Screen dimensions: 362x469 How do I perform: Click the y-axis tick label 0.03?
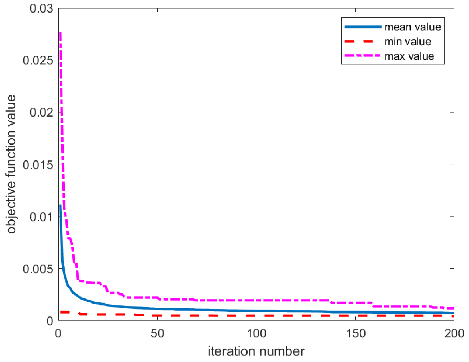(x=41, y=9)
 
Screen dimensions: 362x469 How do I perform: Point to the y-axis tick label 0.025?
(x=38, y=60)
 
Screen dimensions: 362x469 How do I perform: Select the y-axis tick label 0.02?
(x=41, y=112)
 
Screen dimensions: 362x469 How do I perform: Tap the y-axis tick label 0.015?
(x=38, y=164)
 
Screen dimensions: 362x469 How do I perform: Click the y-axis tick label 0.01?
(x=41, y=217)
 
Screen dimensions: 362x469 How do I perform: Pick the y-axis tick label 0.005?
(x=38, y=269)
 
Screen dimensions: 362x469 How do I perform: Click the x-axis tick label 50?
(x=157, y=333)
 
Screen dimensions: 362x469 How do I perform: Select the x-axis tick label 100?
(x=256, y=333)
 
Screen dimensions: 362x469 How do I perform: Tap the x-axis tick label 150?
(x=355, y=333)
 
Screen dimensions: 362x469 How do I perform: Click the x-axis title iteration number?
(x=256, y=351)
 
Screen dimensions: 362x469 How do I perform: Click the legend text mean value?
(x=412, y=27)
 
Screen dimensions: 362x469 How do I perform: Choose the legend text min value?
(x=407, y=42)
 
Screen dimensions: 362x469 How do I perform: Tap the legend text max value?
(x=409, y=56)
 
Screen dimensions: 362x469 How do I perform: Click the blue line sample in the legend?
(x=363, y=27)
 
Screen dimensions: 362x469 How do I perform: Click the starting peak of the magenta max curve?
(x=60, y=33)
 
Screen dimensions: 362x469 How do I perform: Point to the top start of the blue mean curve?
(x=60, y=206)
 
